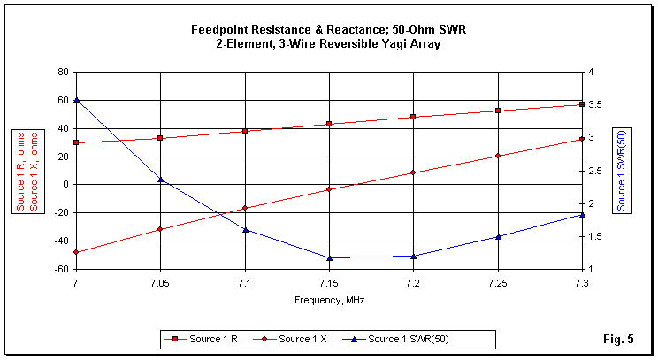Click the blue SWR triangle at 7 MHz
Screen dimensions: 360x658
77,100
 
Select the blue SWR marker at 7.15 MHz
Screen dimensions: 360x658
329,258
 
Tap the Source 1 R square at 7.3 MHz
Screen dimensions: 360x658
582,104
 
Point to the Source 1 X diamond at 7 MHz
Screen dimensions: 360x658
77,252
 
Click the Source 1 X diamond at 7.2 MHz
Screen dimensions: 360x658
413,172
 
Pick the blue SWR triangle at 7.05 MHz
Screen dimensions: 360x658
161,180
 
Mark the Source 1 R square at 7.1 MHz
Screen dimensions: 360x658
245,131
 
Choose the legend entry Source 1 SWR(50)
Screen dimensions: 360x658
411,339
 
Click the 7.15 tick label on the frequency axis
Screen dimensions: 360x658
329,282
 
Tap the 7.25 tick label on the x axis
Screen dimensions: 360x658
497,282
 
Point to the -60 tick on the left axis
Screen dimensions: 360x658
63,269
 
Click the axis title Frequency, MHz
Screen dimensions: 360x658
329,300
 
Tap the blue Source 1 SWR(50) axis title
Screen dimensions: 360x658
622,170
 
